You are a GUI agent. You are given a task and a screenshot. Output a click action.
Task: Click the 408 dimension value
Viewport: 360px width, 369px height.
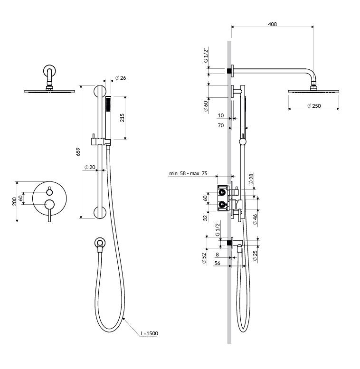pyautogui.click(x=272, y=24)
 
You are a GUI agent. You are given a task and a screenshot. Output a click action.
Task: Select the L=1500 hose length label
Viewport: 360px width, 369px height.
pyautogui.click(x=149, y=334)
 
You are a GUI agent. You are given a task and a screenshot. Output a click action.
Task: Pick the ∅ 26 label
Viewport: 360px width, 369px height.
pyautogui.click(x=121, y=78)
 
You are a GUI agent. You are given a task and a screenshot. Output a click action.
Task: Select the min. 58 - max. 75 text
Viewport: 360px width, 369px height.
pyautogui.click(x=188, y=173)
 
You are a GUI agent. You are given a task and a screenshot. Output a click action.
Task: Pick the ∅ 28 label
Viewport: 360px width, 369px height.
pyautogui.click(x=250, y=179)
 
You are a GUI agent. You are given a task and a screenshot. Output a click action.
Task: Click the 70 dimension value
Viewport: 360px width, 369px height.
pyautogui.click(x=220, y=126)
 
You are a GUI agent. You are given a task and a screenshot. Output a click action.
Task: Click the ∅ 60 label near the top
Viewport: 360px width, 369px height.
pyautogui.click(x=205, y=106)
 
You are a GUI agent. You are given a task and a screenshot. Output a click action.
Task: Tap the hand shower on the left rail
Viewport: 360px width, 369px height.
pyautogui.click(x=108, y=119)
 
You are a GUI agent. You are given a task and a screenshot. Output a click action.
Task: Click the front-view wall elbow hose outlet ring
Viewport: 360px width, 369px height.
pyautogui.click(x=98, y=243)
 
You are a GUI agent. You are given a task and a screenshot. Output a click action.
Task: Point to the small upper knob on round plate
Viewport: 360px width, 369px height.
pyautogui.click(x=49, y=192)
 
